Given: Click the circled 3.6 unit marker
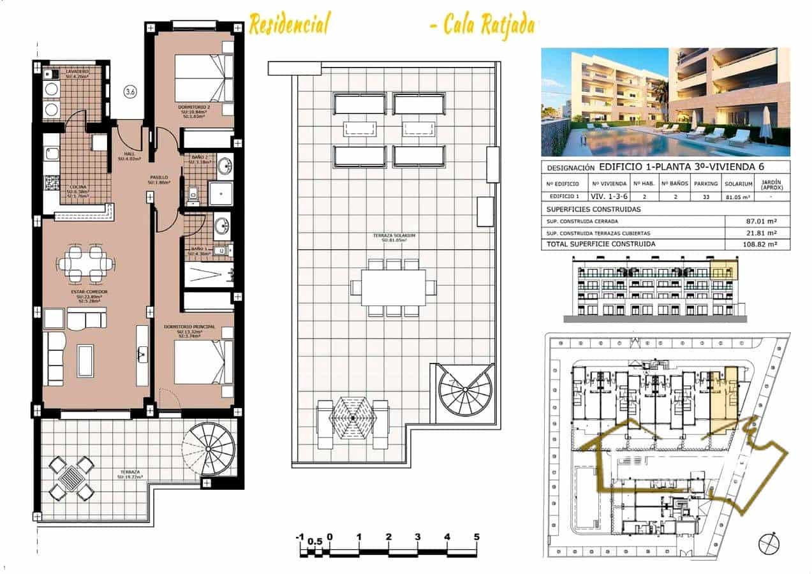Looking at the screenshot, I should [130, 92].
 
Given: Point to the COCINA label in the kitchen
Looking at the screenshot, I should [79, 188].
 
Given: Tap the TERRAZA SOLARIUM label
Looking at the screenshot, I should [394, 236].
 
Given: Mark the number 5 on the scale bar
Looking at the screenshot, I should [476, 537].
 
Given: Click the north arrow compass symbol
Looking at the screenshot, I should [769, 544].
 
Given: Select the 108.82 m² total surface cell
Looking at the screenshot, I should [758, 244].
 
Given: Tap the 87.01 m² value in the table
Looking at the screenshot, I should [758, 222].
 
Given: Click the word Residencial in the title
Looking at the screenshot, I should [289, 25].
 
